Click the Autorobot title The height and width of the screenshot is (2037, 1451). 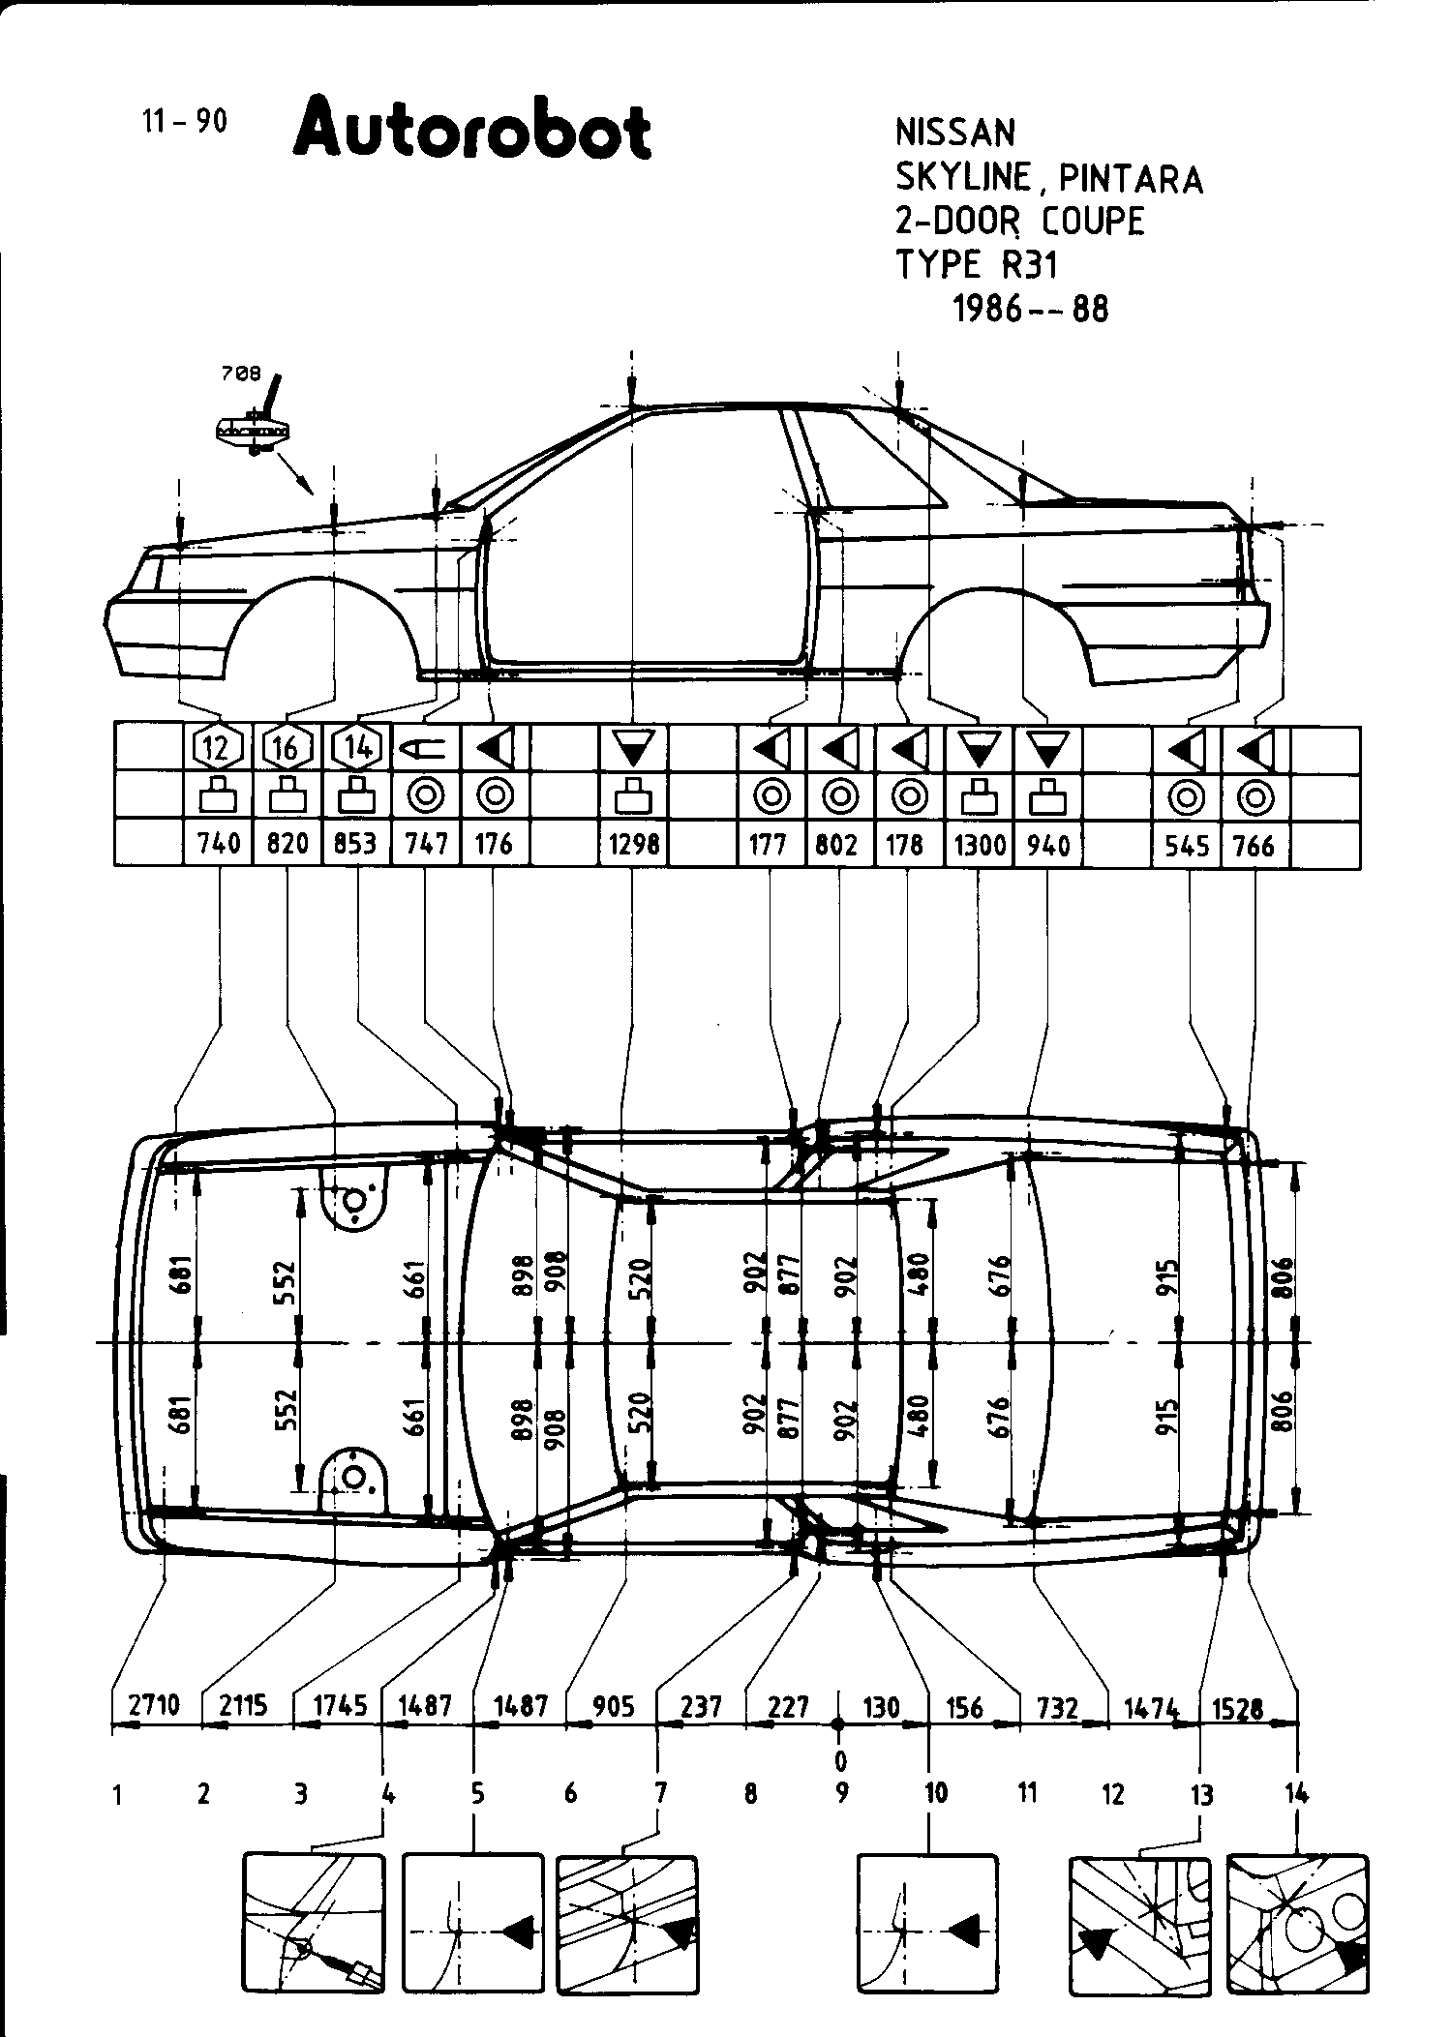472,130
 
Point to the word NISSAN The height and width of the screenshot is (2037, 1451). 954,134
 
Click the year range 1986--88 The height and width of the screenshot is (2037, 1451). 1031,309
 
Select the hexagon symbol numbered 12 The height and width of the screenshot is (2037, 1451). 218,747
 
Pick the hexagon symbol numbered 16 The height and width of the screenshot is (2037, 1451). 287,747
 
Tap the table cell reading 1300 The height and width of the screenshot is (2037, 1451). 980,845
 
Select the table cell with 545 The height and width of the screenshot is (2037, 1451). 1187,845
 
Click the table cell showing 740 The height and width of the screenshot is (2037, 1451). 219,844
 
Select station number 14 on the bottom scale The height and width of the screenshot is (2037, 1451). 1296,1793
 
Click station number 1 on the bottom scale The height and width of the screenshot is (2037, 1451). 118,1795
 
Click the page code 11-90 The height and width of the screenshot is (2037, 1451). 184,122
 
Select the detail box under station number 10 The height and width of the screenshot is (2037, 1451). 927,1922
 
